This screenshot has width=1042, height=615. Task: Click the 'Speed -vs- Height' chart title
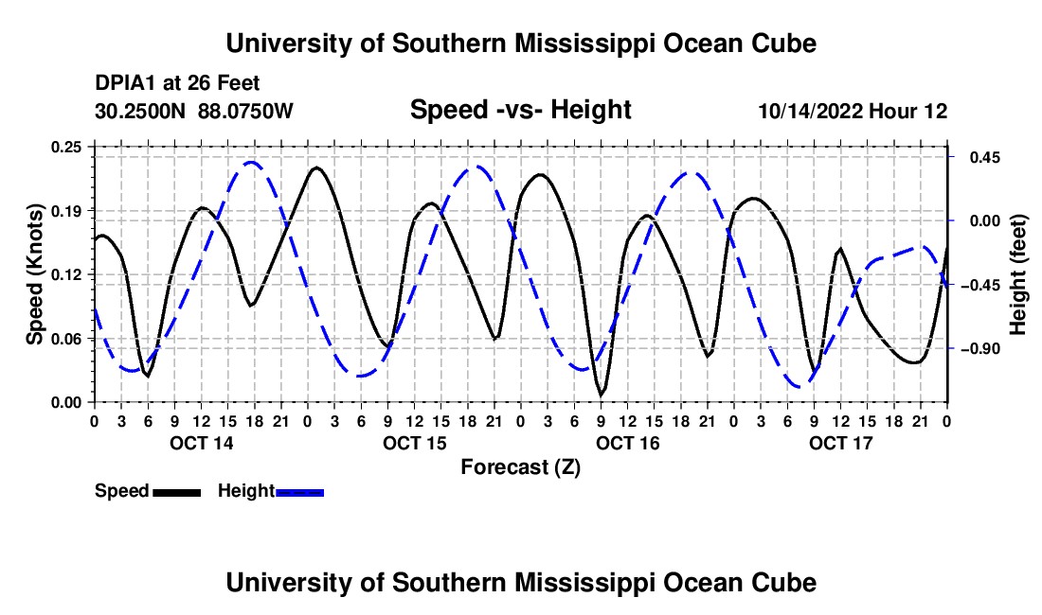pyautogui.click(x=520, y=110)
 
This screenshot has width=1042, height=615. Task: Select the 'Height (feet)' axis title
pyautogui.click(x=1018, y=274)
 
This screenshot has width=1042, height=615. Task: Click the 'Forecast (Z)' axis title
pyautogui.click(x=520, y=467)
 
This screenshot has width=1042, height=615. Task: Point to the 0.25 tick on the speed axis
pyautogui.click(x=66, y=147)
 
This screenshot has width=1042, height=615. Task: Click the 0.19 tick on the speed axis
pyautogui.click(x=66, y=211)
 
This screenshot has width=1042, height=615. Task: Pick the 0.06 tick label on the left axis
pyautogui.click(x=66, y=339)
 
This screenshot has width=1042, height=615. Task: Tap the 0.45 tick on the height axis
pyautogui.click(x=985, y=158)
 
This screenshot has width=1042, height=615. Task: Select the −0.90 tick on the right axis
pyautogui.click(x=980, y=349)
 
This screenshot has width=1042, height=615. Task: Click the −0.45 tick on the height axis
pyautogui.click(x=980, y=286)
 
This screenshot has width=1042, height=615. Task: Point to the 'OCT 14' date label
pyautogui.click(x=202, y=443)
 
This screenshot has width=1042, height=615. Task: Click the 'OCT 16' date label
pyautogui.click(x=627, y=443)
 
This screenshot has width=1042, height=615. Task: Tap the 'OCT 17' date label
pyautogui.click(x=840, y=443)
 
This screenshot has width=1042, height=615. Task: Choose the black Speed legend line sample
pyautogui.click(x=177, y=492)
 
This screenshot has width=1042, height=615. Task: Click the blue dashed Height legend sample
pyautogui.click(x=299, y=492)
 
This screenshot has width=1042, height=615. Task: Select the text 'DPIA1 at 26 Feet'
pyautogui.click(x=177, y=83)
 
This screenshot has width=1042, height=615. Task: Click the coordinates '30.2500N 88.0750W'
pyautogui.click(x=193, y=111)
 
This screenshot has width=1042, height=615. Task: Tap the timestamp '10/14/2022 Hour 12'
pyautogui.click(x=853, y=111)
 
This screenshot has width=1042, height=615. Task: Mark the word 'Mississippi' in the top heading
pyautogui.click(x=584, y=44)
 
